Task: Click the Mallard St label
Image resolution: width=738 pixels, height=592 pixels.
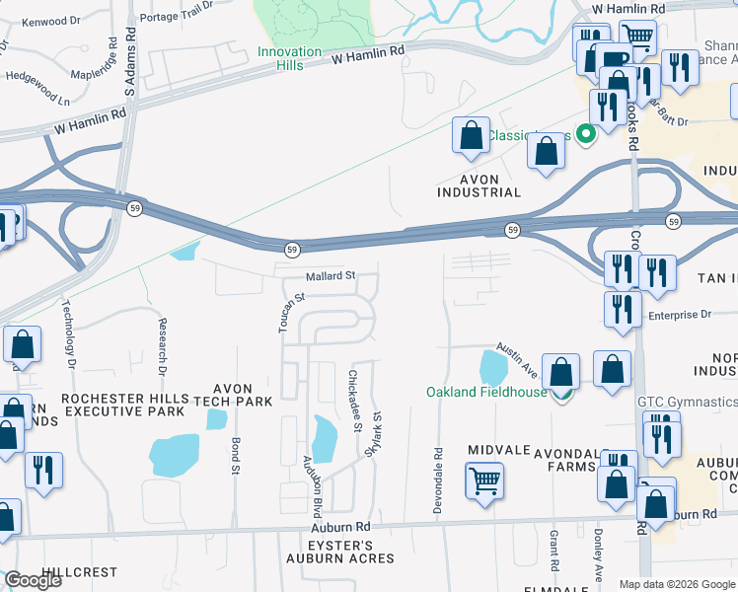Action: [329, 276]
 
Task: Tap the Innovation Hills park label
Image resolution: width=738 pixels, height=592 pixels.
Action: [289, 58]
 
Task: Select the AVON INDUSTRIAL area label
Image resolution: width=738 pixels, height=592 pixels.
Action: [477, 185]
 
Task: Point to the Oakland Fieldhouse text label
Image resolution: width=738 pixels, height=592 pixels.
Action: [486, 392]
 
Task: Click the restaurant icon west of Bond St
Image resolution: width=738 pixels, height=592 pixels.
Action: [43, 470]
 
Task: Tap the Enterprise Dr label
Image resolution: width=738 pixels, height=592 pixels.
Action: [679, 315]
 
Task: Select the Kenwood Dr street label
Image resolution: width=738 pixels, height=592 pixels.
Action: [50, 21]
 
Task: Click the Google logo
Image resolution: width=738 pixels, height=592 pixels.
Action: [33, 580]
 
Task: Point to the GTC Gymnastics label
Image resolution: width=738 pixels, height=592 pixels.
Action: [687, 402]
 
